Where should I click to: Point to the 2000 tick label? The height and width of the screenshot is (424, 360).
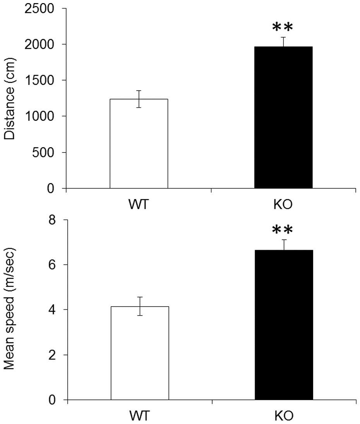(x=40, y=45)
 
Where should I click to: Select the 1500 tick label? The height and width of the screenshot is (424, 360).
(x=40, y=81)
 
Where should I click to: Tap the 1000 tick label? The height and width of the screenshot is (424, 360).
(x=40, y=116)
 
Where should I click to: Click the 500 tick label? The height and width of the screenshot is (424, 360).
(x=44, y=153)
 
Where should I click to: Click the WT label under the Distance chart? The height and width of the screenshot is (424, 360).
(x=139, y=204)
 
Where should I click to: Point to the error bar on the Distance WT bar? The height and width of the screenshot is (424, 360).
(x=139, y=99)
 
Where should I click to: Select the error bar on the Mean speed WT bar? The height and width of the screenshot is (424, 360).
(x=139, y=306)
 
